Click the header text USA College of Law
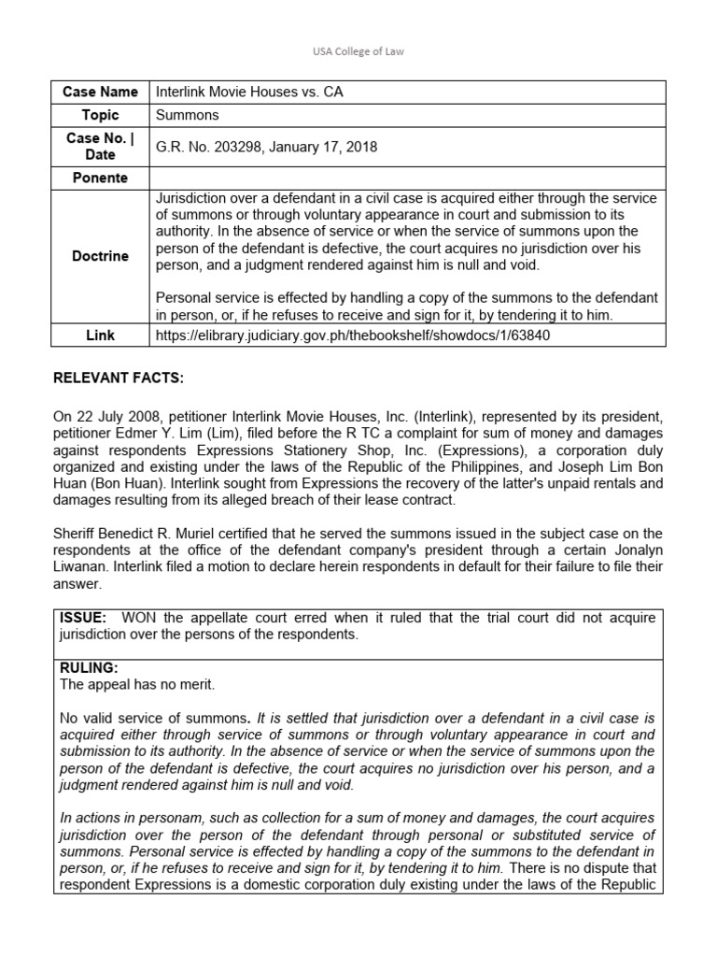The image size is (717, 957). [x=358, y=50]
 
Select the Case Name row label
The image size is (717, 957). [x=100, y=92]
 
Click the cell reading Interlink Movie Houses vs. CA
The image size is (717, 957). [x=242, y=92]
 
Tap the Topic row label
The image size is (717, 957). [x=100, y=115]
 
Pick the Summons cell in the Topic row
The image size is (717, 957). [x=187, y=115]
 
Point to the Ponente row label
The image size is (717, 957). [x=100, y=178]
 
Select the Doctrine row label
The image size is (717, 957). [x=100, y=256]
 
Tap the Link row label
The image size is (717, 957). [x=100, y=335]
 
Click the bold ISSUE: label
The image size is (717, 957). [x=83, y=618]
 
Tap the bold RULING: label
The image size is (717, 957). [x=86, y=667]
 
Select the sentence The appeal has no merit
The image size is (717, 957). [x=136, y=684]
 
